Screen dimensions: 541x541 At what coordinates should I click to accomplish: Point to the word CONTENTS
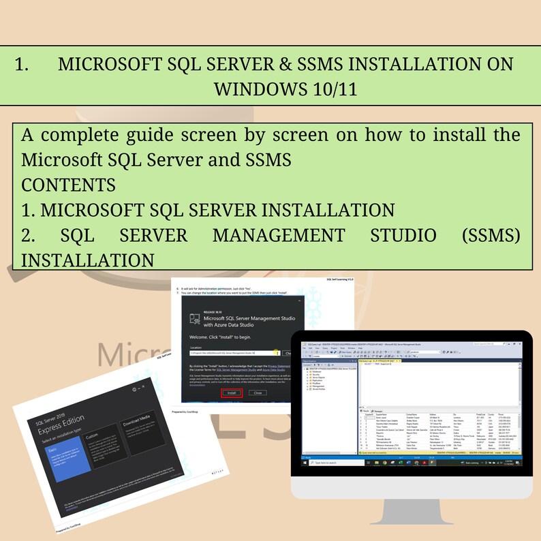[x=68, y=185]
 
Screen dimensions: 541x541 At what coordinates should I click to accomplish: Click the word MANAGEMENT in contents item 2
[x=278, y=235]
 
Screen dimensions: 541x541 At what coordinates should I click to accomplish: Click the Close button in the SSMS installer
[x=257, y=392]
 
